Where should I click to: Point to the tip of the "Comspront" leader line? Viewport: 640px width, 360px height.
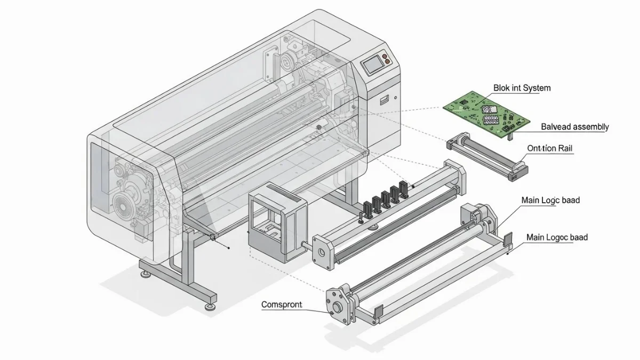(x=331, y=313)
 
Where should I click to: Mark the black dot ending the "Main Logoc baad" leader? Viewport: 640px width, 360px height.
(x=507, y=254)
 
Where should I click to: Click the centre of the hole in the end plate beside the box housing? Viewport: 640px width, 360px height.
(x=322, y=252)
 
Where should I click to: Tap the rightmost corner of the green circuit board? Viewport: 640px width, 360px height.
(x=530, y=122)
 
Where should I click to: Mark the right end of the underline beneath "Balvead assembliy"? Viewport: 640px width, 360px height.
(x=605, y=132)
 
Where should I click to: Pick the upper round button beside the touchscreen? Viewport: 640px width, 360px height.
(x=385, y=57)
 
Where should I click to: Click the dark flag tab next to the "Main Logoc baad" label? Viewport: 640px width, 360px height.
(x=507, y=239)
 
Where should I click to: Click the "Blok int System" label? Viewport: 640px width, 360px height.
(x=522, y=88)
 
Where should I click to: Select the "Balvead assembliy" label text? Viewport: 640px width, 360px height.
(x=575, y=126)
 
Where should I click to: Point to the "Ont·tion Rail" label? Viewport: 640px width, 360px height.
(x=550, y=148)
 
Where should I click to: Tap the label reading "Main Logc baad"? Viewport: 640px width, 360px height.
(x=550, y=201)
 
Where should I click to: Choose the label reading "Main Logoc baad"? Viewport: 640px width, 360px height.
(x=557, y=237)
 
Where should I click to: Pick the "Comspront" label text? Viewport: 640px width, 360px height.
(x=282, y=305)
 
